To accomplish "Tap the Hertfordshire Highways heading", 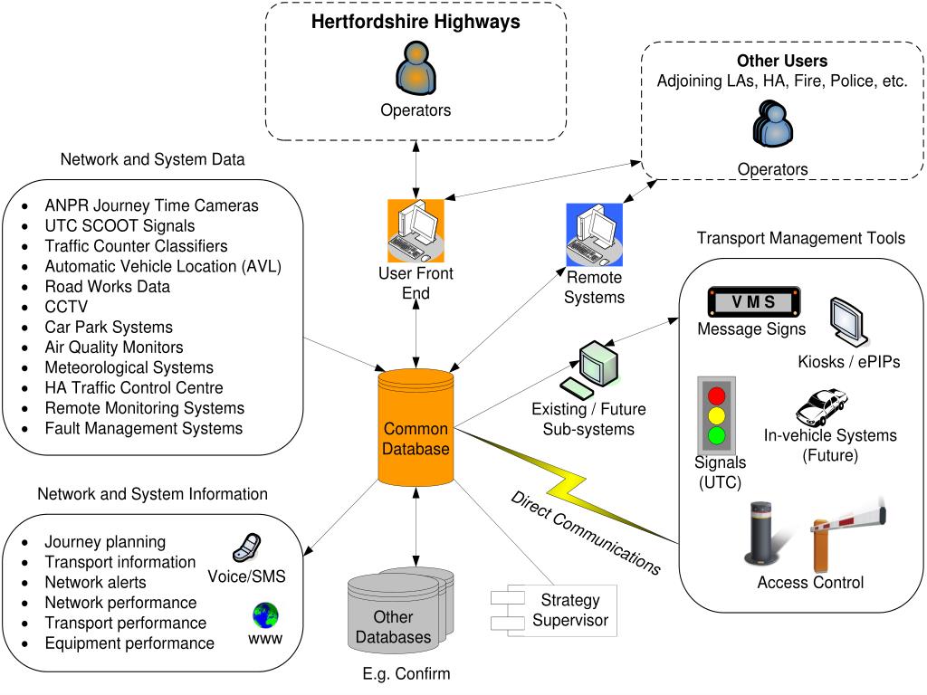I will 416,22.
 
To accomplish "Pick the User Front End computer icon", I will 416,232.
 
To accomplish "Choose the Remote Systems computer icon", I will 594,234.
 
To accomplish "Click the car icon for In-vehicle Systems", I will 821,407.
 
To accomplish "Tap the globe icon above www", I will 265,617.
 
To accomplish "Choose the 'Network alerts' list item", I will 95,582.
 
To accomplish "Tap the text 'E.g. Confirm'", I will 399,673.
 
